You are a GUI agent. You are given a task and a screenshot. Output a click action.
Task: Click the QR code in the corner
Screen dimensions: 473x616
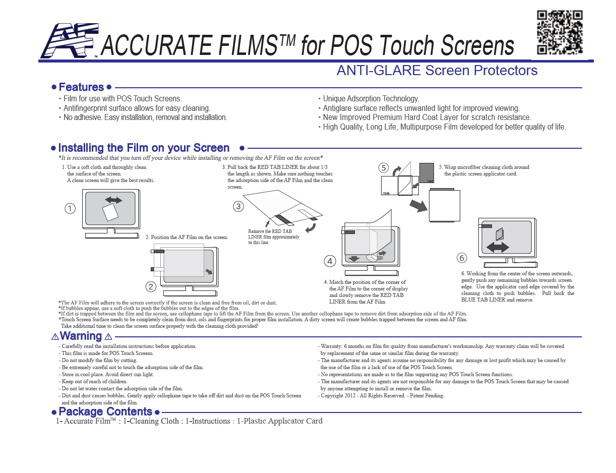click(x=560, y=32)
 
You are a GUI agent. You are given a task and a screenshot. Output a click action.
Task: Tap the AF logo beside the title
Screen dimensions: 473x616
click(x=68, y=41)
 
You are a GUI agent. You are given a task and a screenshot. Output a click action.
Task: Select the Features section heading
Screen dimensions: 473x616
click(x=81, y=87)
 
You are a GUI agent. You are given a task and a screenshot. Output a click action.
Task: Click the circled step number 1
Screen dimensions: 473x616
click(x=70, y=208)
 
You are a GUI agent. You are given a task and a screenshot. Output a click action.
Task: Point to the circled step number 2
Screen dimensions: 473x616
click(x=151, y=287)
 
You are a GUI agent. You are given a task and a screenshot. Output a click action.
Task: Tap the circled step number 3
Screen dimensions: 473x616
click(x=238, y=206)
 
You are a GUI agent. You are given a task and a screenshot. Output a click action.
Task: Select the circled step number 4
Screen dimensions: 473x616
click(x=330, y=261)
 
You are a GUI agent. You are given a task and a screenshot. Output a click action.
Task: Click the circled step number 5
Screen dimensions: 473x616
click(x=384, y=167)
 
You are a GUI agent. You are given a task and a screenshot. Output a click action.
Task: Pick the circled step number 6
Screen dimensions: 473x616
click(x=462, y=258)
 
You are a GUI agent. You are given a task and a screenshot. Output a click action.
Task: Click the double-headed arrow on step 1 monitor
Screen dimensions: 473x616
click(x=113, y=200)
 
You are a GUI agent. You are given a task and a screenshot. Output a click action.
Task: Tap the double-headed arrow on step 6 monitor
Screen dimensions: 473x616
click(x=498, y=247)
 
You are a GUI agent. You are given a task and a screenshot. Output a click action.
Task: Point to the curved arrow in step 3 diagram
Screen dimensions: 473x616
click(x=311, y=228)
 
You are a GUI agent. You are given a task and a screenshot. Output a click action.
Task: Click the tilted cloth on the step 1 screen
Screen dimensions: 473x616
click(x=110, y=212)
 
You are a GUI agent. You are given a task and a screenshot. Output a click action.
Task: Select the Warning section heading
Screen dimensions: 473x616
click(x=81, y=336)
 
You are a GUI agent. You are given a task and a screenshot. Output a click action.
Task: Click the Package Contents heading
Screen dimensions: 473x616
click(x=105, y=412)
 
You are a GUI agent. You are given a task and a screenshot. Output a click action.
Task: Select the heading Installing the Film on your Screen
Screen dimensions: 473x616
click(x=144, y=148)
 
